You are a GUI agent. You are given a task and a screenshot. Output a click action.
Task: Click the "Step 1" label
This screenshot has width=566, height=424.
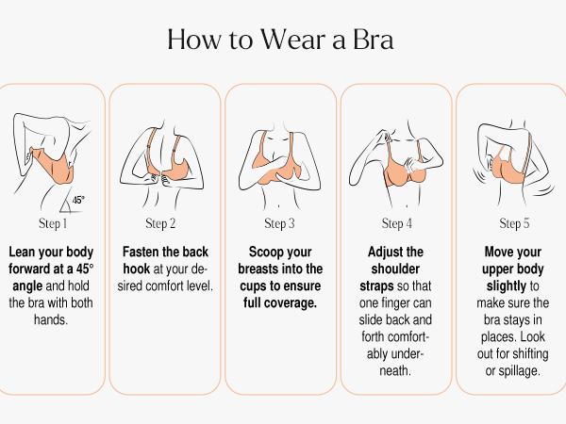tap(52, 224)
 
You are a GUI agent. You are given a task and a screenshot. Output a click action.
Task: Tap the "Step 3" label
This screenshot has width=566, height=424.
tap(279, 224)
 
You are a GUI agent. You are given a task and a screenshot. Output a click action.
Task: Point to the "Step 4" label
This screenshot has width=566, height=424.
tap(397, 224)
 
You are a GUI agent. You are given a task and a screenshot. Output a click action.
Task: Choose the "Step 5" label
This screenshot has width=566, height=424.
tap(514, 224)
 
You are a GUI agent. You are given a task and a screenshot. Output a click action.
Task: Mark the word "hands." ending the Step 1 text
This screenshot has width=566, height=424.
tap(52, 320)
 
